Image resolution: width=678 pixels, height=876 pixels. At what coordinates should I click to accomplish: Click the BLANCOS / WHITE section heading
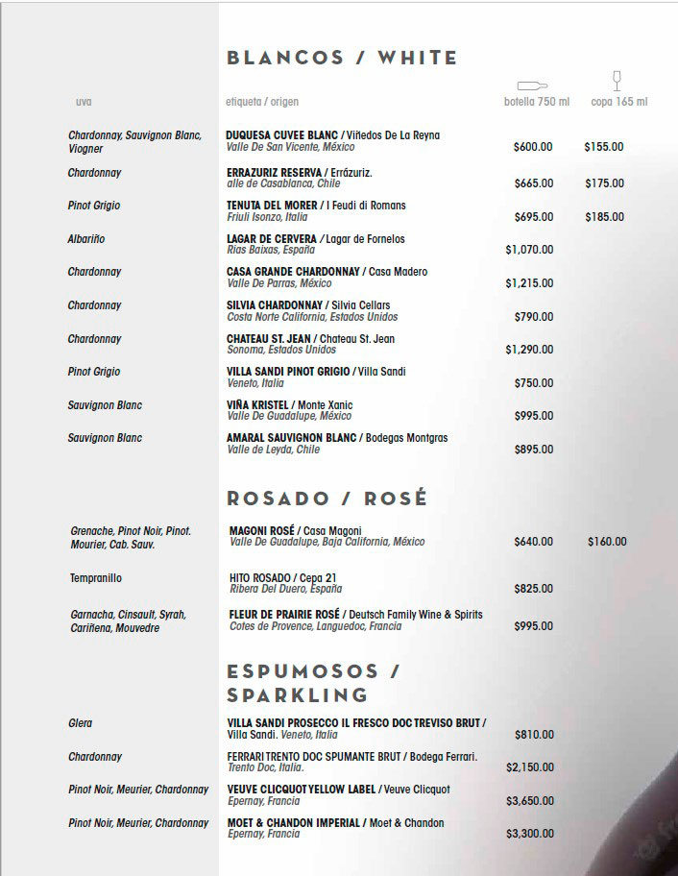click(342, 58)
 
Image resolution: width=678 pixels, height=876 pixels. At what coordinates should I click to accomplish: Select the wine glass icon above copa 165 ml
click(617, 81)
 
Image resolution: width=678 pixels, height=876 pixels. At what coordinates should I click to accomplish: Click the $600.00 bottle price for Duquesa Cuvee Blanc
click(533, 147)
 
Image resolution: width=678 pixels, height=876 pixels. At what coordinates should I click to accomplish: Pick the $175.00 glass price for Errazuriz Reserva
click(604, 182)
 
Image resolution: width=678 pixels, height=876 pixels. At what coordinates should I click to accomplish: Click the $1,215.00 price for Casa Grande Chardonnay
click(529, 283)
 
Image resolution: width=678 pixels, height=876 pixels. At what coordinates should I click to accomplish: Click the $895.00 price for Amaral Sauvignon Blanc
click(533, 450)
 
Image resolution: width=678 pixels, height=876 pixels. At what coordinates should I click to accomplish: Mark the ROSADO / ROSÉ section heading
click(327, 499)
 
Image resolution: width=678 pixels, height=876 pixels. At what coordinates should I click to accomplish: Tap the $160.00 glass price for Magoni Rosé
click(607, 542)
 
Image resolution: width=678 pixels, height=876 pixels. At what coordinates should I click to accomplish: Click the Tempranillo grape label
click(96, 578)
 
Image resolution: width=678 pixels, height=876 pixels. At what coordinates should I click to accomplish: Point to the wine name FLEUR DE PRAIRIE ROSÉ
click(284, 614)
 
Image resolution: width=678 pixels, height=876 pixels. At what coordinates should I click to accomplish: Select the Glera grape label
click(81, 723)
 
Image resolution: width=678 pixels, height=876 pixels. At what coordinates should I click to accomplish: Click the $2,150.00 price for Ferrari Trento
click(530, 767)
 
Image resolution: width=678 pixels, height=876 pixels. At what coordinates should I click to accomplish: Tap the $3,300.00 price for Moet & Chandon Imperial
click(530, 834)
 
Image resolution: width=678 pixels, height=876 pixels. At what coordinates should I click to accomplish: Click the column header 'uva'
click(84, 102)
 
